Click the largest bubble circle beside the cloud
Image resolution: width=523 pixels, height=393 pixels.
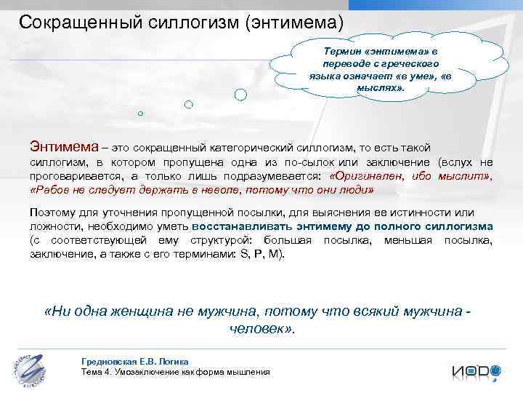(240, 95)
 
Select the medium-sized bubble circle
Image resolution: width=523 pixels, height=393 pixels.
(188, 105)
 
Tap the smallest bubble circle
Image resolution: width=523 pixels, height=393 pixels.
(140, 114)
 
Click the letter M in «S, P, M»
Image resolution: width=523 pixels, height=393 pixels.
(273, 253)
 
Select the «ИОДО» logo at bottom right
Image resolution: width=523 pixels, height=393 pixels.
(476, 370)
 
